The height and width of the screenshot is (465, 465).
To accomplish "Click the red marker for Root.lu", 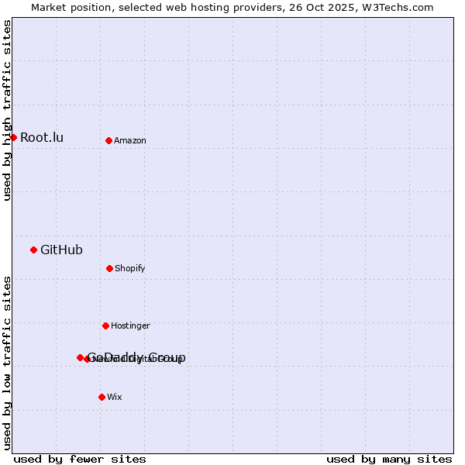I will (13, 137).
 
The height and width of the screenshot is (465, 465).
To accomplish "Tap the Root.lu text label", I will (42, 138).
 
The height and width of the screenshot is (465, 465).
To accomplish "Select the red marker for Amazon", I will (108, 140).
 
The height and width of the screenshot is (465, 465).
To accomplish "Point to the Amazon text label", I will (130, 141).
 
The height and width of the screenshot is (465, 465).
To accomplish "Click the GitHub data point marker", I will (33, 250).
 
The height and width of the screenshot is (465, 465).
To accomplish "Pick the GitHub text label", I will (61, 250).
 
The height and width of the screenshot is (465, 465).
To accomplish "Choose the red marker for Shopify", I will (109, 268).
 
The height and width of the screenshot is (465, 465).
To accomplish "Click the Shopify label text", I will (130, 269).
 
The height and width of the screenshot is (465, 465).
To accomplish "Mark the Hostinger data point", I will (105, 325).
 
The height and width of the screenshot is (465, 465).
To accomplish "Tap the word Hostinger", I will (130, 326).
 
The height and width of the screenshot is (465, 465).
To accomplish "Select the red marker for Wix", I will (102, 397).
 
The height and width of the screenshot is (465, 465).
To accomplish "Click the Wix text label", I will (115, 398).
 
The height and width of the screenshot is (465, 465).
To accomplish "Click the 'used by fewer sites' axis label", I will (80, 459).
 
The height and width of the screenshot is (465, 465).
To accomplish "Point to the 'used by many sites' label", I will (389, 459).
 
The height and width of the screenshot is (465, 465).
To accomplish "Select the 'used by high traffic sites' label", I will (7, 110).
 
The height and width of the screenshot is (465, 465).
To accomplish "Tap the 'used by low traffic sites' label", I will (7, 363).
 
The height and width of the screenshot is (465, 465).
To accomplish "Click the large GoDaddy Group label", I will (136, 357).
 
